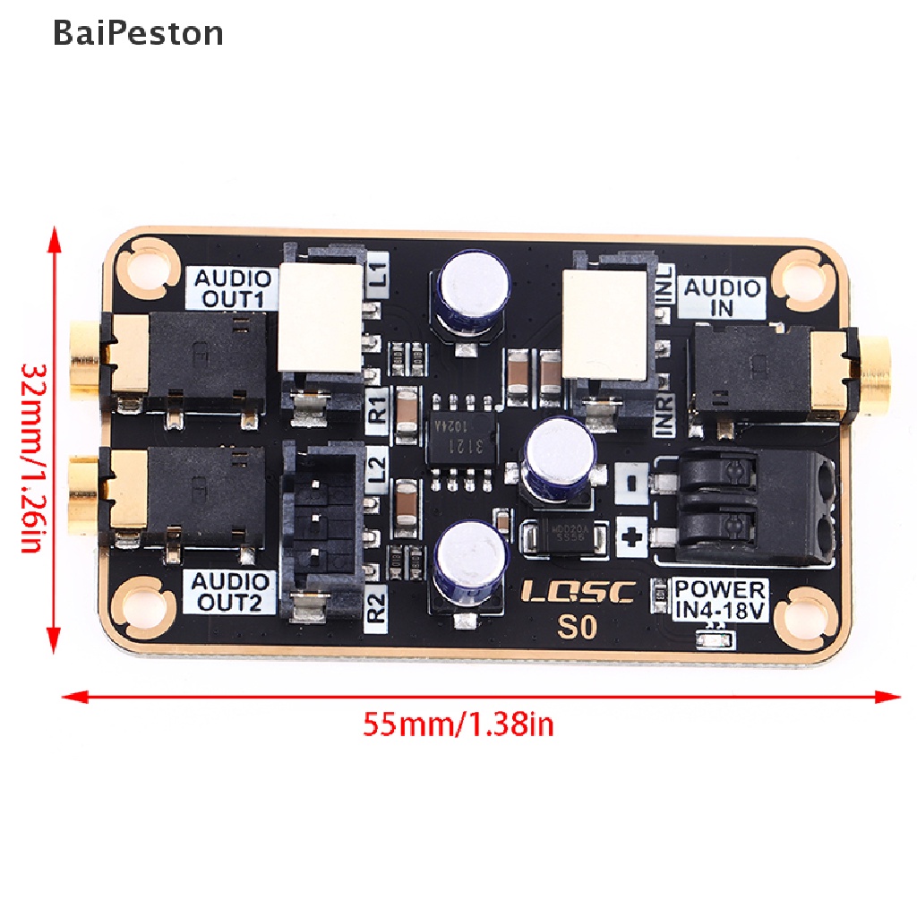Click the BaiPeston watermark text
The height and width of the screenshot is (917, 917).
pos(138,34)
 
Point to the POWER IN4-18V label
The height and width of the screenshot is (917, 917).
pos(720,599)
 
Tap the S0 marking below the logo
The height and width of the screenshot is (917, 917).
pos(577,627)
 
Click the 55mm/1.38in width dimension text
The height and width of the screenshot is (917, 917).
pos(458,723)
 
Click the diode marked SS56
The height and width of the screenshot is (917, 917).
pos(565,536)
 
